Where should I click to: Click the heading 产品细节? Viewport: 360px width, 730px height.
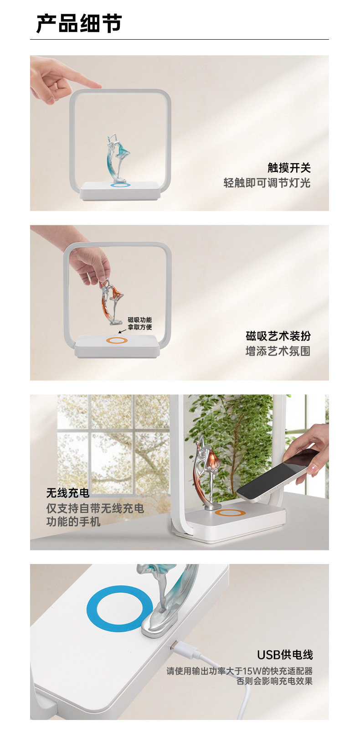point(79,24)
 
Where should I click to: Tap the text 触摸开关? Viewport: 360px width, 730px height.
point(289,168)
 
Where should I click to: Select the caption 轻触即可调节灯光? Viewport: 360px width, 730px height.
point(267,183)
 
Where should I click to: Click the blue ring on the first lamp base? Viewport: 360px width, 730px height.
point(120,185)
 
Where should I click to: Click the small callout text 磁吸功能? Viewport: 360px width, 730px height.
point(139,320)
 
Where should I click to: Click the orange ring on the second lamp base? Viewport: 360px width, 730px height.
point(117,341)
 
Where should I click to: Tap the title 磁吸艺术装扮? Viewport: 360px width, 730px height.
point(278,336)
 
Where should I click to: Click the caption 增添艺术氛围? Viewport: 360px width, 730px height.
point(278,351)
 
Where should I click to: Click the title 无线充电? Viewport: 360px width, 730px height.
point(67,493)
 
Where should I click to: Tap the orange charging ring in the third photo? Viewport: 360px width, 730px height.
point(230,513)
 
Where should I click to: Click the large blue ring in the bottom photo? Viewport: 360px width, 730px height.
point(119,609)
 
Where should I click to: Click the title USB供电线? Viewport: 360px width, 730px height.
point(285,655)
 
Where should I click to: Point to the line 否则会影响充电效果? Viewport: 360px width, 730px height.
point(274,681)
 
